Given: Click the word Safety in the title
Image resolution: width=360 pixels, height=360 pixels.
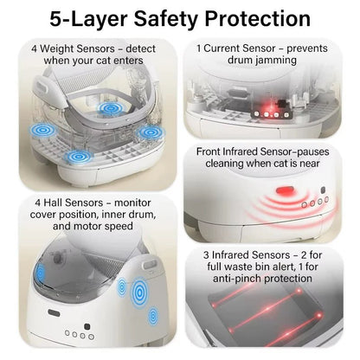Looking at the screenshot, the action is [165, 19].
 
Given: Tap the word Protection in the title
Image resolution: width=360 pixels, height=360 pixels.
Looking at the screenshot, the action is [257, 19].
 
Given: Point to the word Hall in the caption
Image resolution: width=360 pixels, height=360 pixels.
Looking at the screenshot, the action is [53, 202].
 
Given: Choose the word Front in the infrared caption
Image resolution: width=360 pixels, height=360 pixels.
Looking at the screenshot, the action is [209, 151].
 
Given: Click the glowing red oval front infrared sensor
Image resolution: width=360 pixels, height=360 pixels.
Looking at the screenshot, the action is [285, 190].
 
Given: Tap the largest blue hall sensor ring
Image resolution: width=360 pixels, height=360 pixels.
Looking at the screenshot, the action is [139, 292].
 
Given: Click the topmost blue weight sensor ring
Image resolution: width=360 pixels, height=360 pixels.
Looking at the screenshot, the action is [110, 109].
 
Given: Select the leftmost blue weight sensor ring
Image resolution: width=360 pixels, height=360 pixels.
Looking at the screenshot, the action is [42, 131].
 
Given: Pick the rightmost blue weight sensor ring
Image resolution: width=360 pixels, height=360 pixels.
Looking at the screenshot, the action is [151, 132].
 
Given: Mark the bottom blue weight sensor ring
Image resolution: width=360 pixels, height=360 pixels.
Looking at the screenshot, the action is [79, 157].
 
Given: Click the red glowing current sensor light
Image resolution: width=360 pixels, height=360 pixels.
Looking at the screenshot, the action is [271, 108].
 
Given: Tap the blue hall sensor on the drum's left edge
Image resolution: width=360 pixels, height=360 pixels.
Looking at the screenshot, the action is [40, 272].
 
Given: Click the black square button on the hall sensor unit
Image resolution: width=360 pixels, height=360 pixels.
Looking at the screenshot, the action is [87, 327].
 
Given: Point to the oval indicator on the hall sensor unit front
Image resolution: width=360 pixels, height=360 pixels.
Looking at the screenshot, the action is [54, 313].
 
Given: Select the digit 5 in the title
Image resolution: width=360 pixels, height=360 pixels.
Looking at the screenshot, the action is [55, 19].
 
